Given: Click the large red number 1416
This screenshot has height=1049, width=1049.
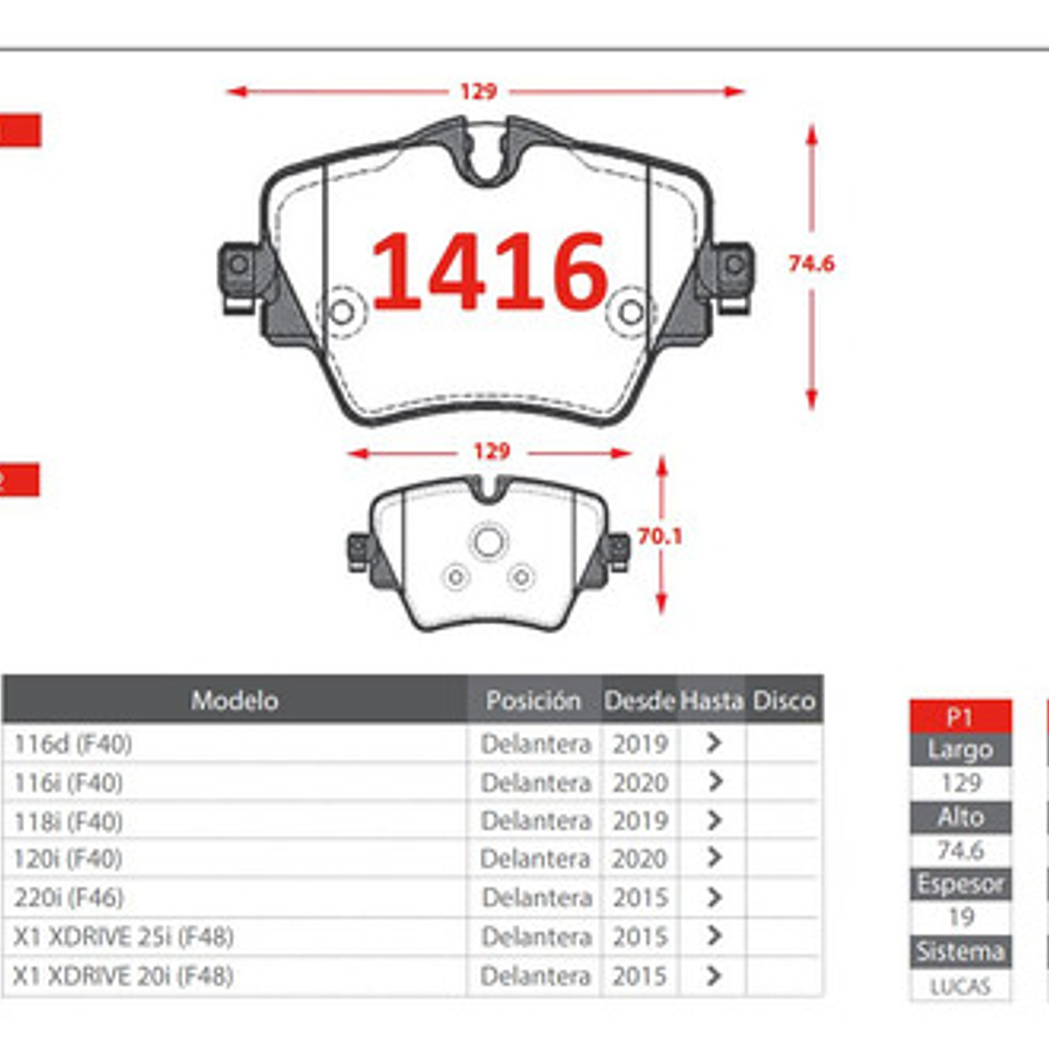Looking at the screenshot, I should tap(489, 271).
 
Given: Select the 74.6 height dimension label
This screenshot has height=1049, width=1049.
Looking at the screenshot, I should tap(811, 264).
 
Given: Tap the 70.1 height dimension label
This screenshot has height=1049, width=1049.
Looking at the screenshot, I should tap(660, 536).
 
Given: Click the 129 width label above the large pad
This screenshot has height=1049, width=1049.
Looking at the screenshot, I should tap(478, 91).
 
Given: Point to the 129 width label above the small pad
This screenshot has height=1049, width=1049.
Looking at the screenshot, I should tap(490, 452).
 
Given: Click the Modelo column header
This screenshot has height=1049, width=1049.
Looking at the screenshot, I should tap(234, 701).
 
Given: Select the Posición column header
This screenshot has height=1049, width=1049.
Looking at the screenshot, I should tap(533, 701).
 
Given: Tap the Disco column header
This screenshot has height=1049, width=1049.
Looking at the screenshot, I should tap(784, 701).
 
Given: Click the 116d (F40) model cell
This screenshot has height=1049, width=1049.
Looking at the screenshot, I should tap(73, 744).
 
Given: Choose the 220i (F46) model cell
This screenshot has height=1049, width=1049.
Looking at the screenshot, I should tap(68, 897).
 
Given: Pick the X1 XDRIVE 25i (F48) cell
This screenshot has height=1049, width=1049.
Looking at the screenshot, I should tap(123, 937).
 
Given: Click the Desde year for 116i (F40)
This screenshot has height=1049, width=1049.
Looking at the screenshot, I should tap(640, 783).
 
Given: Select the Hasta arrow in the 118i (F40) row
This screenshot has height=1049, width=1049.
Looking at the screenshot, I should tap(713, 821).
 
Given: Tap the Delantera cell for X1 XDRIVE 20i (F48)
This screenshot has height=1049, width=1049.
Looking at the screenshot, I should tap(535, 975).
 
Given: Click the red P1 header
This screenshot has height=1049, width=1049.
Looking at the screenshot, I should tap(959, 717).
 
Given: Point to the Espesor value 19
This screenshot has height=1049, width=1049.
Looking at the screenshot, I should tap(960, 917).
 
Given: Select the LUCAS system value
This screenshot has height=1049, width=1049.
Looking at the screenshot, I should tap(960, 987).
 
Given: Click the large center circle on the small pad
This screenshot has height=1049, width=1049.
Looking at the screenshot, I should tap(489, 542).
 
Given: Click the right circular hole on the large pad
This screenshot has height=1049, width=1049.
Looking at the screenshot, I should tap(630, 312).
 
